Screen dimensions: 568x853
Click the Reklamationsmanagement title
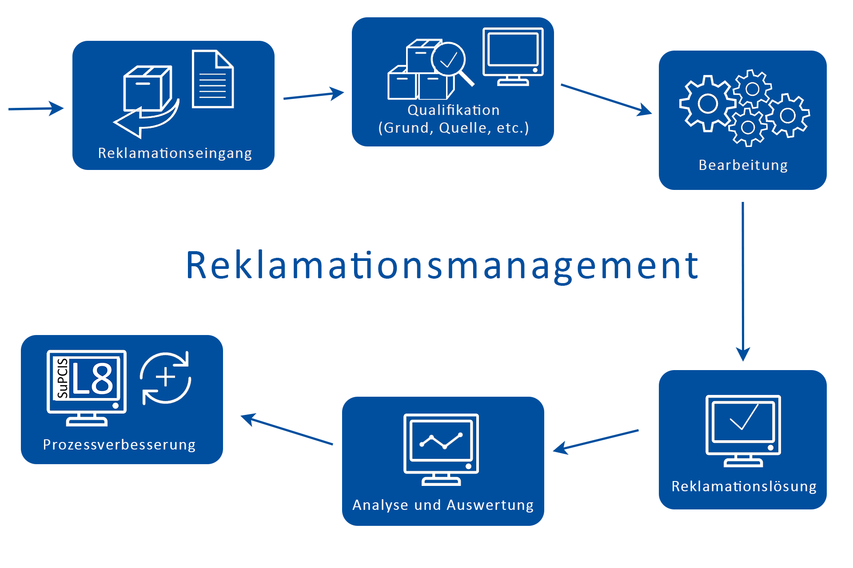442,266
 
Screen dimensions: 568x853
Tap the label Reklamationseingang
175,153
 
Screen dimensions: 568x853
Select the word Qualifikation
454,110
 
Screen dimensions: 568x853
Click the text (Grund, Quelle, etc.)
454,128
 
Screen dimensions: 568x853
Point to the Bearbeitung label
743,165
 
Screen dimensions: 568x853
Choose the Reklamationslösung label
744,486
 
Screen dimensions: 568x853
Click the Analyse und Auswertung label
443,505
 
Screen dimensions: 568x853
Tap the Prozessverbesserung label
119,445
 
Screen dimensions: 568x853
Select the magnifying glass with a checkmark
450,61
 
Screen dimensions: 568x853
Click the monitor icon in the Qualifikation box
513,56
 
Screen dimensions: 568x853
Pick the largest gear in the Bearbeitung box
707,103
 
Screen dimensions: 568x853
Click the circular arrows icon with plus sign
166,378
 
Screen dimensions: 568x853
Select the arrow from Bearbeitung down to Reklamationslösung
743,280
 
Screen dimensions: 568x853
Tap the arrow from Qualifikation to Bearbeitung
606,99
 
